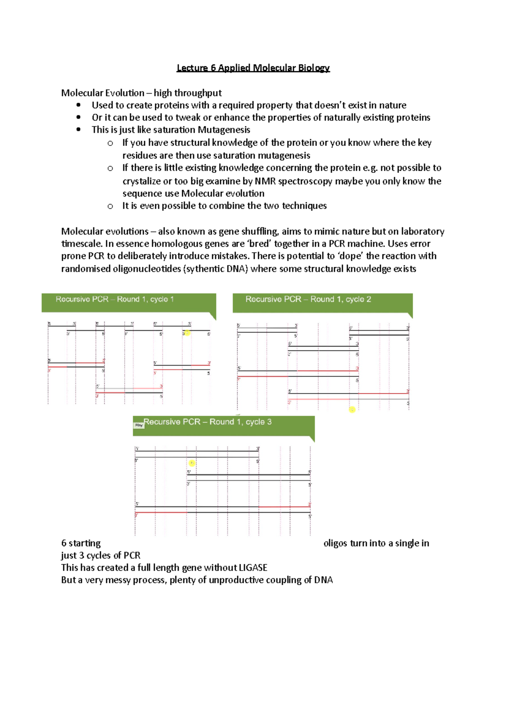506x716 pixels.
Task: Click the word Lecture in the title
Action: (192, 68)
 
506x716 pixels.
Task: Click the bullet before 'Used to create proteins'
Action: (78, 105)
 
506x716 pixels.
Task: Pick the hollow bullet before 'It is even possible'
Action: (110, 206)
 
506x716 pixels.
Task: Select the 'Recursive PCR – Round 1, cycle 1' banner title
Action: (115, 299)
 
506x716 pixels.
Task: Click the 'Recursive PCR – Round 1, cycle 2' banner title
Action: (308, 299)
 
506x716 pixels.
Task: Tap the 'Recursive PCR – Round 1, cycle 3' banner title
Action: (207, 422)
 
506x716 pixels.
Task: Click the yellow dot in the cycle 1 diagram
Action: (188, 333)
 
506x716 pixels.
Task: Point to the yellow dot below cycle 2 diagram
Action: (352, 409)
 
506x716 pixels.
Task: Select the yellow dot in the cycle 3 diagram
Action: (192, 463)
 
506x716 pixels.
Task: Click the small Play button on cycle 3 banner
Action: (139, 425)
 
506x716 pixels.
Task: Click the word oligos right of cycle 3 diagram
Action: (335, 543)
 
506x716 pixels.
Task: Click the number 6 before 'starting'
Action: (64, 543)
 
